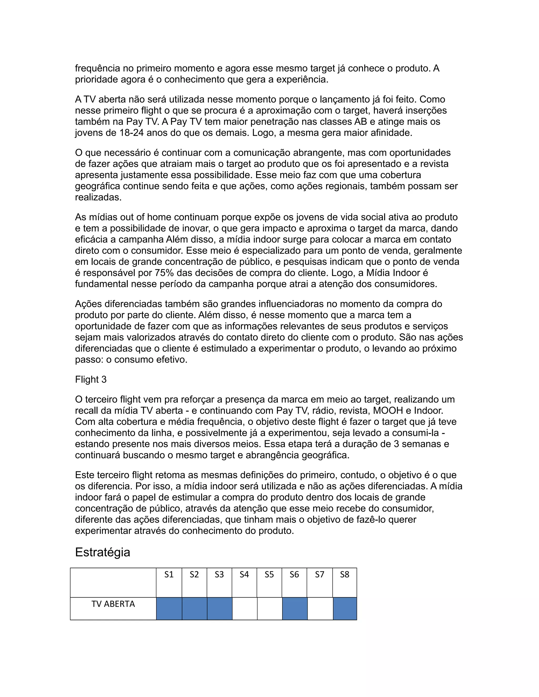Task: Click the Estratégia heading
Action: (102, 552)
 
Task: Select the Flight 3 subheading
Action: (91, 380)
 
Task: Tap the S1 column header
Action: (169, 575)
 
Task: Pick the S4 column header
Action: (244, 575)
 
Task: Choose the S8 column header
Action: (345, 575)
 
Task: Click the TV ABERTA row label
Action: (113, 604)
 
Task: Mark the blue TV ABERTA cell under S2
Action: (194, 609)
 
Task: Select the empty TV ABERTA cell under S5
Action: (269, 609)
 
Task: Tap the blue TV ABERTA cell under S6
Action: (295, 609)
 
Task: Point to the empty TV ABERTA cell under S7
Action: (320, 609)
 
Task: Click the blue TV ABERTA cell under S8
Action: (345, 609)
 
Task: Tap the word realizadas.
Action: (98, 198)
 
